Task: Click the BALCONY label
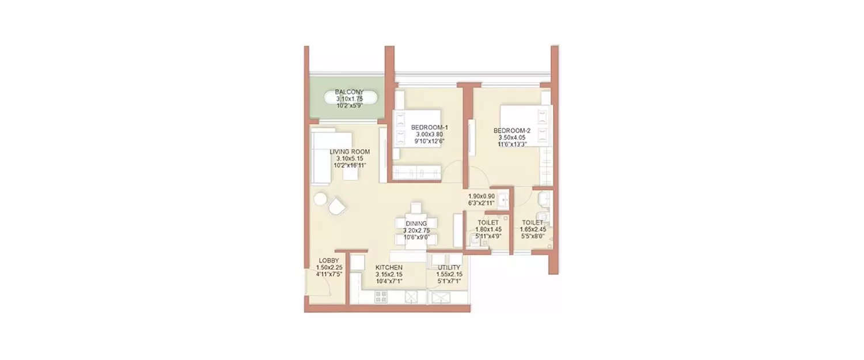(350, 92)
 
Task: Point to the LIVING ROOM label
(350, 152)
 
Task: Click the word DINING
(416, 223)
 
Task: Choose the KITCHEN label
(389, 268)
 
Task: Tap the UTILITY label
(449, 268)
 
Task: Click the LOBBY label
(329, 261)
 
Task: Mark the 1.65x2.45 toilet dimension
(533, 229)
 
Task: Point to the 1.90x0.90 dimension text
(482, 196)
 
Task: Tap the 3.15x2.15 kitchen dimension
(389, 275)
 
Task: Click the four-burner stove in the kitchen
(381, 297)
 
